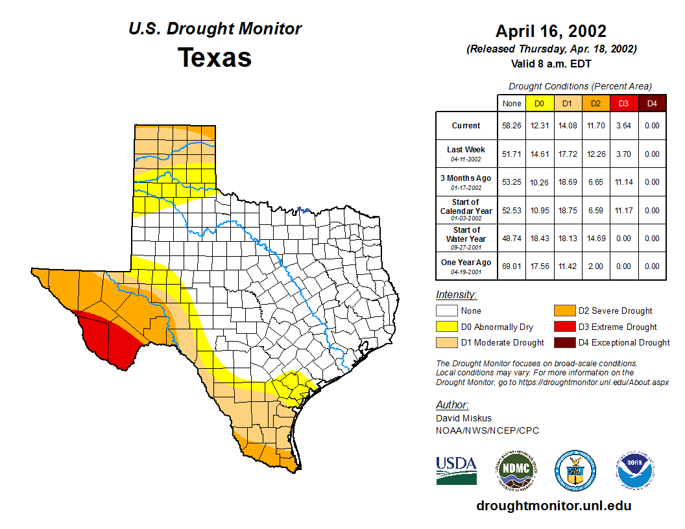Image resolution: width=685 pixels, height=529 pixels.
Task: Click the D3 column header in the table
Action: pos(623,103)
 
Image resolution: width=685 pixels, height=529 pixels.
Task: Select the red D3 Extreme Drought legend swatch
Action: pos(563,327)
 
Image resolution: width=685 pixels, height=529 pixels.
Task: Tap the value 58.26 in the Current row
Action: pos(512,126)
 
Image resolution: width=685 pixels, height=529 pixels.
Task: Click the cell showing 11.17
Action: pos(623,211)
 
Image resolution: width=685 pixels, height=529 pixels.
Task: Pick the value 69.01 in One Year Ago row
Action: pos(512,266)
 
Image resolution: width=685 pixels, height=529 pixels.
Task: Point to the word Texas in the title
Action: pos(215,57)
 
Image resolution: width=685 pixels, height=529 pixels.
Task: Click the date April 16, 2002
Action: pos(551,31)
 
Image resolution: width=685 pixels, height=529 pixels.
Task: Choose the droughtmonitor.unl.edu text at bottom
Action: pos(553,506)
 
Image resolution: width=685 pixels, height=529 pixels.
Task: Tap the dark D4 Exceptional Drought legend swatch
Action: pos(563,342)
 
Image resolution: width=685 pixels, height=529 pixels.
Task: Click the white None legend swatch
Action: pos(447,311)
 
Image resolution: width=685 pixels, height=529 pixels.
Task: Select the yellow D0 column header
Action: pos(539,103)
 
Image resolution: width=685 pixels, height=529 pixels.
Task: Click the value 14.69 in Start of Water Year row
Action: pos(595,239)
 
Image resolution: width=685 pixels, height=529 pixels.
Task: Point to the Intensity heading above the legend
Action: pos(456,294)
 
